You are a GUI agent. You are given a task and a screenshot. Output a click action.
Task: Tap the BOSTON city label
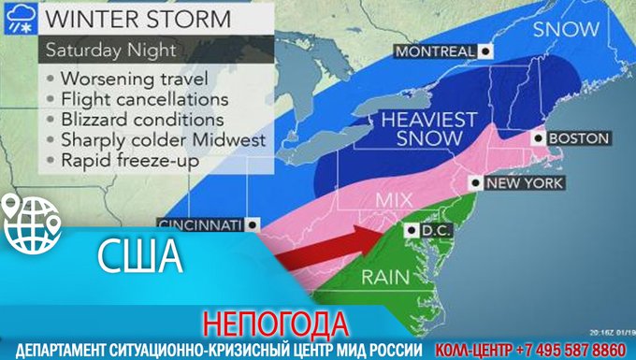tap(578, 138)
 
